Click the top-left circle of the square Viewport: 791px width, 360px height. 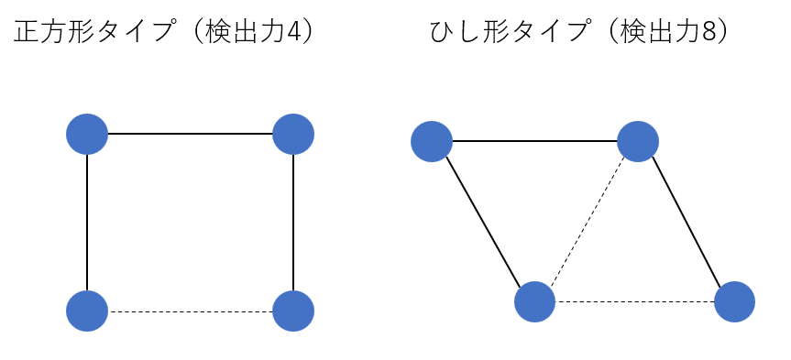(87, 134)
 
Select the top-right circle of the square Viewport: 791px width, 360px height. (293, 134)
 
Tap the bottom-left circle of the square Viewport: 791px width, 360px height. (87, 311)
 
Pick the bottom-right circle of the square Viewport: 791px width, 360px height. (293, 311)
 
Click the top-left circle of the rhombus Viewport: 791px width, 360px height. (432, 142)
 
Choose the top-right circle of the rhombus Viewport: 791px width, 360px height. (638, 142)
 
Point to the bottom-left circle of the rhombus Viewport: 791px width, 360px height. (534, 302)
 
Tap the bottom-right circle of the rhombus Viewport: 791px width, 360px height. (734, 302)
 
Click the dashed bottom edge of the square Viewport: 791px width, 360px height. (190, 311)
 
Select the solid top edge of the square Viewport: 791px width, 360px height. (190, 134)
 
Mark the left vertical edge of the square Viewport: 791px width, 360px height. (87, 223)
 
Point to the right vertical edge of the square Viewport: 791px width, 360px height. (293, 223)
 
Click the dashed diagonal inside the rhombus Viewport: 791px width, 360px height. (587, 222)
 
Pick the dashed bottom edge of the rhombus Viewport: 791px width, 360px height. (634, 302)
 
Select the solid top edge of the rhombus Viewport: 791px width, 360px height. (534, 142)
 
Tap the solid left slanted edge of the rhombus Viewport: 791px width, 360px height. (483, 222)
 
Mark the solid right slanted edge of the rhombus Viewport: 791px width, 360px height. (687, 222)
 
